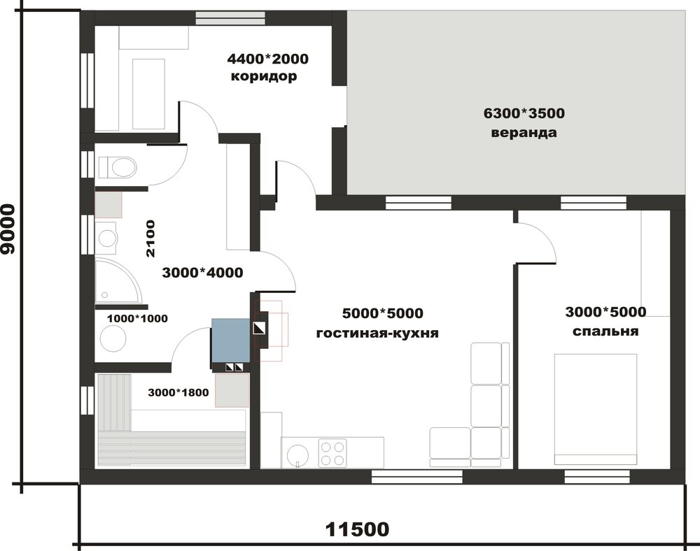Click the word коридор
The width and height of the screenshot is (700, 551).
[x=264, y=76]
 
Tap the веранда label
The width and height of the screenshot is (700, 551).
[x=524, y=133]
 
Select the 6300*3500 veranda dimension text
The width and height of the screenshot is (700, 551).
[x=524, y=113]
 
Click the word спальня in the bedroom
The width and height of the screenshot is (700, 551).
[x=605, y=331]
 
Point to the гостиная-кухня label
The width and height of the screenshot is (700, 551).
[x=377, y=333]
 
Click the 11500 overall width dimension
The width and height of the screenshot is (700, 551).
[x=357, y=529]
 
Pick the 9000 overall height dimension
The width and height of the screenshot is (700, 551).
[x=8, y=229]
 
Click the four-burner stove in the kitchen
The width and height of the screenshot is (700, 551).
[x=332, y=453]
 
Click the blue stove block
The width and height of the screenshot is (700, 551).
[x=230, y=340]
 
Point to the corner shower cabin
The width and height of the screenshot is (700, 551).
[x=118, y=281]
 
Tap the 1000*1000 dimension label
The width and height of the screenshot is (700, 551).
[x=137, y=318]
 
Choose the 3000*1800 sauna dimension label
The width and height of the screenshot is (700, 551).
[x=178, y=393]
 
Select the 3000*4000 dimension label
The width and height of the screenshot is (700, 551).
[x=202, y=273]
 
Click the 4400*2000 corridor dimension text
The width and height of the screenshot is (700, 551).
[x=268, y=59]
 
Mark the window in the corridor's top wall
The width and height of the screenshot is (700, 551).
[x=231, y=19]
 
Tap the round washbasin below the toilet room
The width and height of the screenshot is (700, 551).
[x=107, y=238]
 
